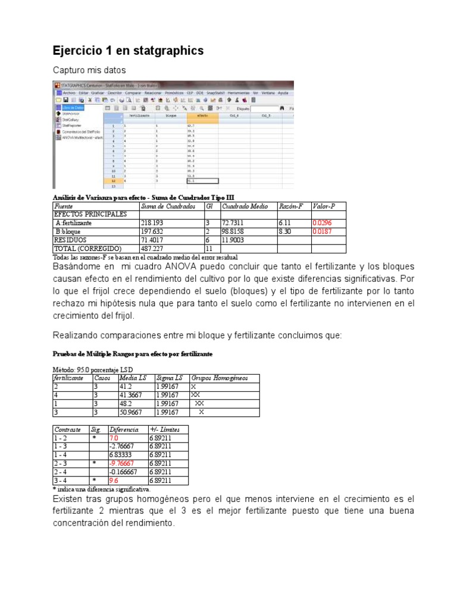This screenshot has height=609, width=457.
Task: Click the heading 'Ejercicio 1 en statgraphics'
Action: [x=128, y=51]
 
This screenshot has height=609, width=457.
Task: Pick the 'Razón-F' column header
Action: [x=292, y=206]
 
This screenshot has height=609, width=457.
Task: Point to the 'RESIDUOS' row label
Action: [x=73, y=239]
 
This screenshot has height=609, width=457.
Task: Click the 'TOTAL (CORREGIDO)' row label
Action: [x=87, y=248]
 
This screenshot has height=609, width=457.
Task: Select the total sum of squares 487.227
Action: [x=152, y=248]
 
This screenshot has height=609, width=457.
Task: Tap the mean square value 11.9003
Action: [x=234, y=239]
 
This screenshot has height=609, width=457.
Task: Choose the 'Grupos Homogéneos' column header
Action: [x=219, y=378]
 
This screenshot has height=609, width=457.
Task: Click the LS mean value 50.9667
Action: [x=133, y=412]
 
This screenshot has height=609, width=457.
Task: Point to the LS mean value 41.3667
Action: [x=133, y=394]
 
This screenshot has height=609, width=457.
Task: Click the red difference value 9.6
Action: [x=114, y=480]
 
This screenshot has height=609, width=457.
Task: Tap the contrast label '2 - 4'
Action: [x=61, y=472]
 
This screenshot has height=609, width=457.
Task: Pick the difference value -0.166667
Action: [x=124, y=472]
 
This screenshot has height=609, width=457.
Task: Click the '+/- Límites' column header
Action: [x=164, y=429]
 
